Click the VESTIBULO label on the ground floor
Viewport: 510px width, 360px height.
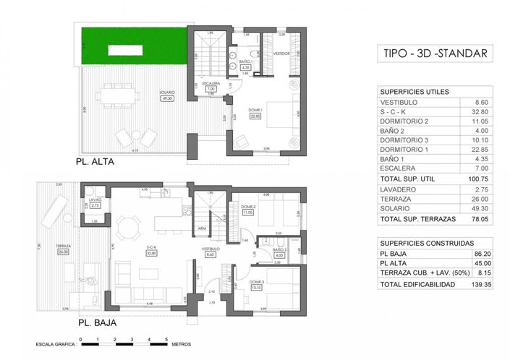[211, 249]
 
